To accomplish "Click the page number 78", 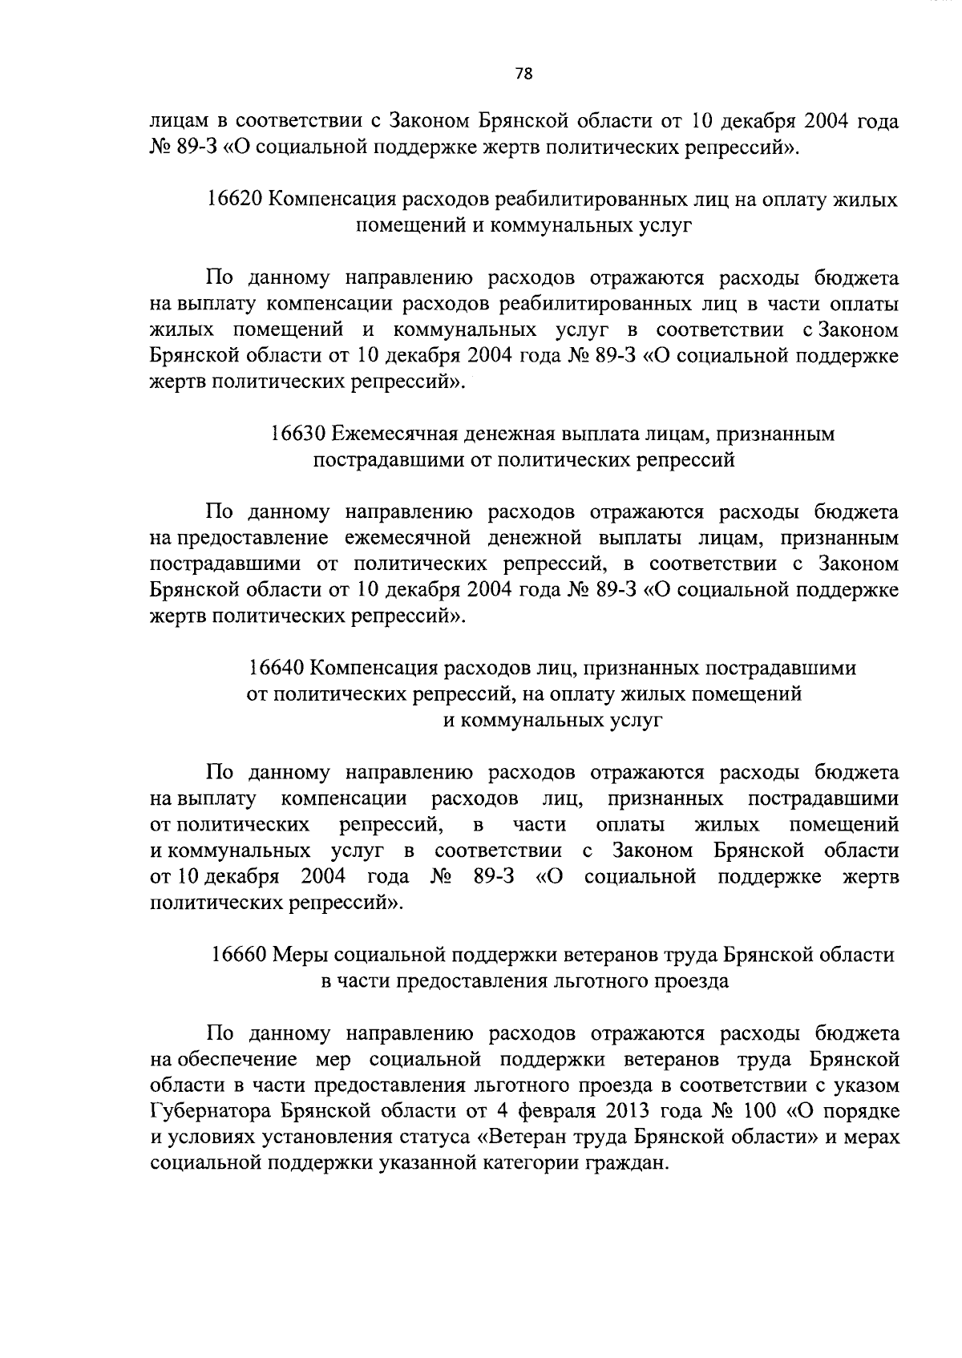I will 523,74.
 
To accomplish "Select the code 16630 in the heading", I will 298,434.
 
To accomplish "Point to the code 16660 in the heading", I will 239,955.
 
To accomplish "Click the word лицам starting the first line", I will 178,123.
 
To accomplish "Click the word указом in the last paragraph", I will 865,1085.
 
